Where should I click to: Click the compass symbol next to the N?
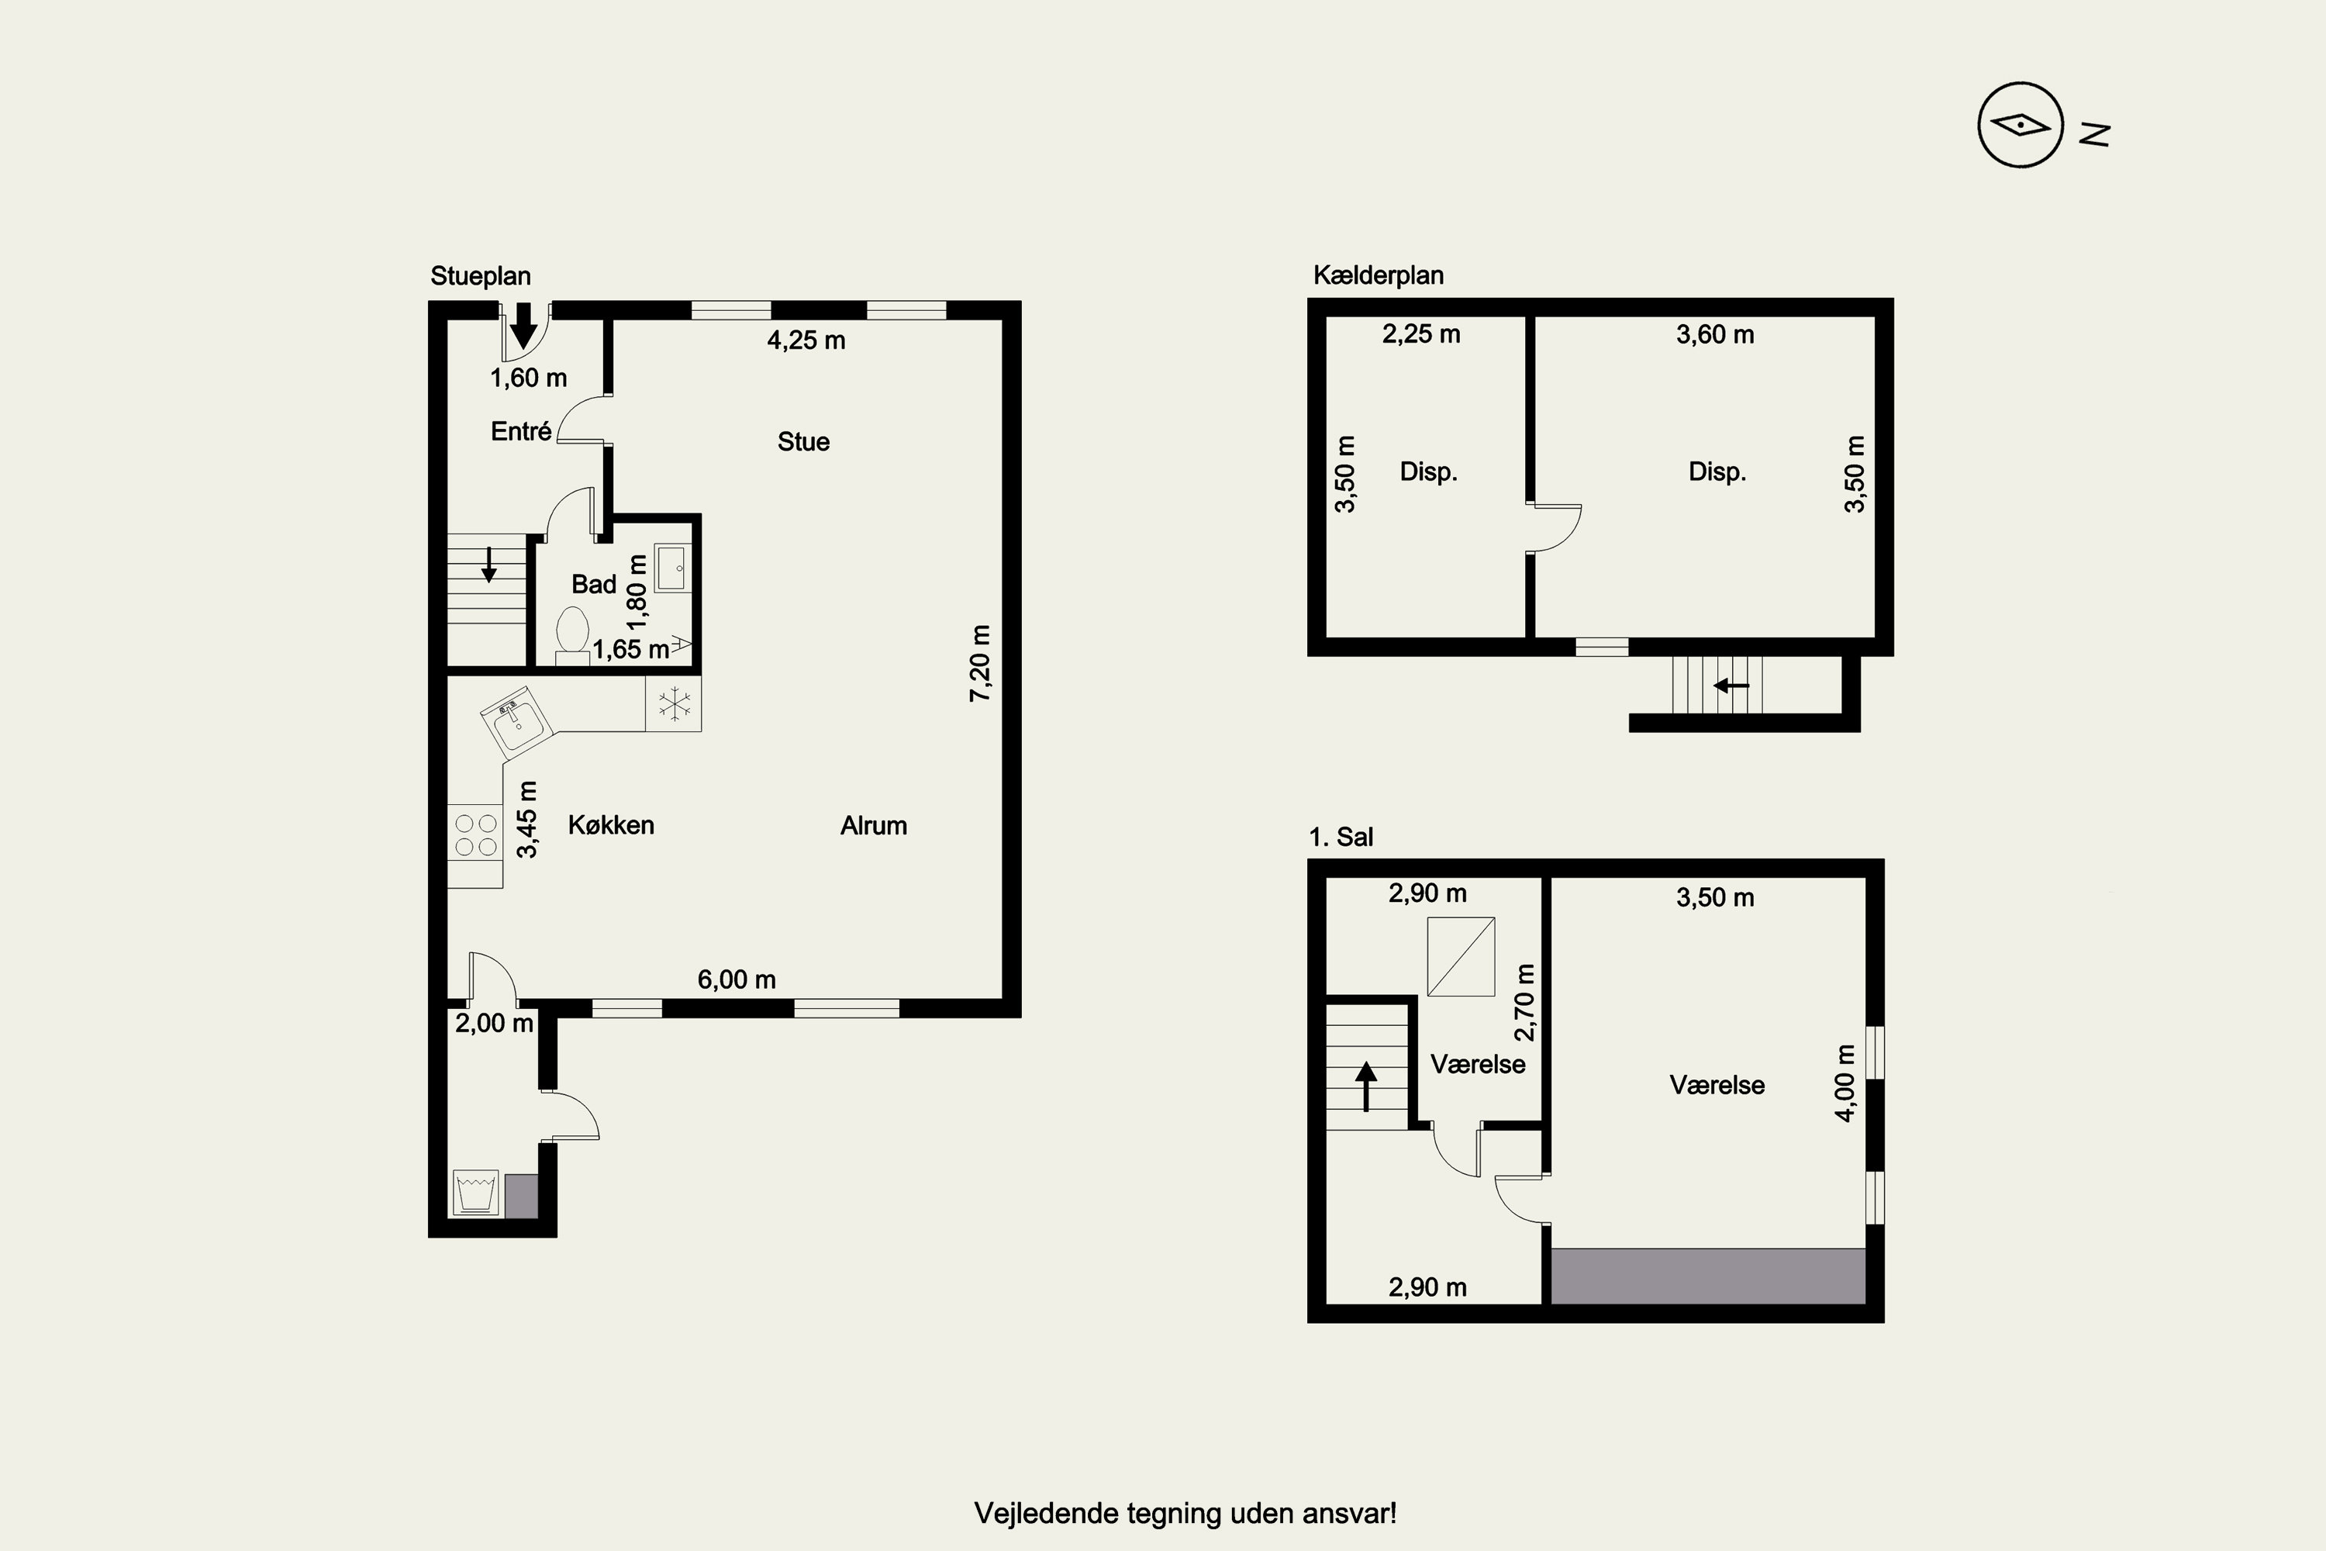[2020, 125]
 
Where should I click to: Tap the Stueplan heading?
[481, 276]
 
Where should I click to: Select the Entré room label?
[521, 430]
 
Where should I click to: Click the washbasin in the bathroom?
[672, 568]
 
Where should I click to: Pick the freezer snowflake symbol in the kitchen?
[675, 704]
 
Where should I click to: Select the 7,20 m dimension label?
[979, 663]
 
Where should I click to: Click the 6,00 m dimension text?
[737, 979]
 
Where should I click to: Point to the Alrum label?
[873, 825]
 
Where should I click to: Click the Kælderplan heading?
[1379, 275]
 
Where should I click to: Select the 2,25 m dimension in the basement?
[1421, 334]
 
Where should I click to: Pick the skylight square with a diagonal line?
[1461, 956]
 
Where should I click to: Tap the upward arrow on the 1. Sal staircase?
[1367, 1085]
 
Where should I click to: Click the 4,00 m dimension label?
[1845, 1083]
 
